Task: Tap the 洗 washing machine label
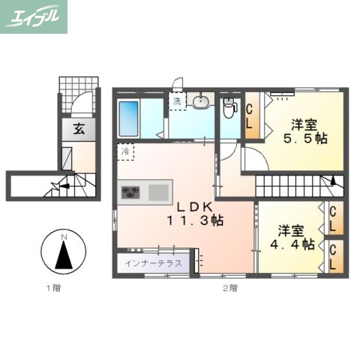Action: pyautogui.click(x=178, y=100)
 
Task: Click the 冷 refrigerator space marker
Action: pyautogui.click(x=125, y=151)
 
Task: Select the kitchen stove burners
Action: pyautogui.click(x=130, y=193)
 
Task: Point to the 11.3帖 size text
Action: pyautogui.click(x=195, y=221)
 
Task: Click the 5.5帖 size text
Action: pyautogui.click(x=304, y=138)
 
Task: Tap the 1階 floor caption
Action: pyautogui.click(x=50, y=288)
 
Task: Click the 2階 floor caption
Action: pyautogui.click(x=229, y=288)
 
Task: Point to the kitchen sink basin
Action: pyautogui.click(x=159, y=193)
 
